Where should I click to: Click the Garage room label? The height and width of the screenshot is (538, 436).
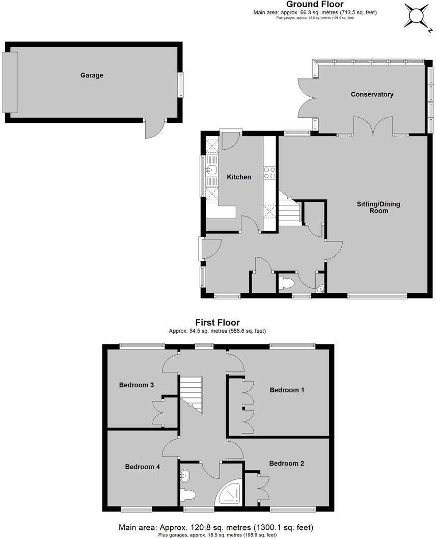coord(92,75)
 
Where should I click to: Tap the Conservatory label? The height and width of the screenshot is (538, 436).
coord(372,94)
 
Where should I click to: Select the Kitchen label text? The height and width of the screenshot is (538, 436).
coord(239,177)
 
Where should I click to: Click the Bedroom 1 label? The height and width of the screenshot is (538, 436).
coord(287,390)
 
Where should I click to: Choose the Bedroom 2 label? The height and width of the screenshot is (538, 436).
coord(287,464)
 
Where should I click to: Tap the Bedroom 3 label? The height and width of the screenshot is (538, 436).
coord(137,385)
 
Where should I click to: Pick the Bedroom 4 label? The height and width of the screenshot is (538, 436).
coord(143,467)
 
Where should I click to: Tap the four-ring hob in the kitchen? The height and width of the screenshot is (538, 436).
coord(269,173)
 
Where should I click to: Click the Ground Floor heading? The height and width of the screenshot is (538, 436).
coord(315,5)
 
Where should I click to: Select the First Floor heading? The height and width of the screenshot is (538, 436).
coord(217,322)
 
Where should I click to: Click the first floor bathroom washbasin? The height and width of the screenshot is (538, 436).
coord(184,476)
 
